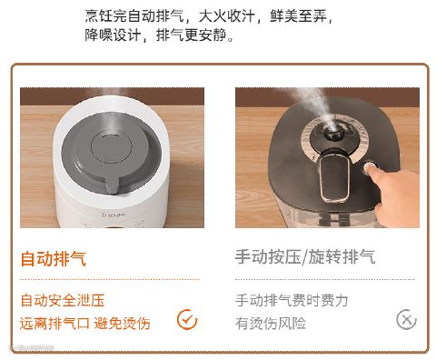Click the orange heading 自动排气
tap(54, 259)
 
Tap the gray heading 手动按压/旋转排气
tap(305, 257)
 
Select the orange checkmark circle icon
tap(187, 319)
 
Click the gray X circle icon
tap(406, 319)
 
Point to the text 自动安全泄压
tap(63, 300)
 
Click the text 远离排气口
tap(54, 324)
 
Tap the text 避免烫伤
tap(123, 324)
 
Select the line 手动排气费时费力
tap(292, 300)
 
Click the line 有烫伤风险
tap(271, 324)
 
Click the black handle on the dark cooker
tap(335, 175)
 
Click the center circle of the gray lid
tap(112, 148)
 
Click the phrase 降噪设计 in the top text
tap(113, 35)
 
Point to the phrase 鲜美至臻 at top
tap(298, 15)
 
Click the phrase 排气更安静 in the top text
tap(192, 35)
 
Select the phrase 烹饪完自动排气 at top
tap(134, 15)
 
